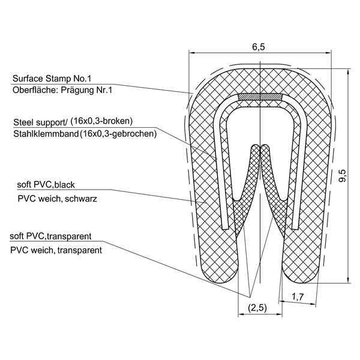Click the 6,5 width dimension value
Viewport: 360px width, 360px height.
(x=259, y=48)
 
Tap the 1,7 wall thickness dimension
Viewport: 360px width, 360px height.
(x=296, y=296)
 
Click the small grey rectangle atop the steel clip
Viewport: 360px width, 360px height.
(x=260, y=96)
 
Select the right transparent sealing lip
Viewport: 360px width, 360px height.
(x=272, y=192)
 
